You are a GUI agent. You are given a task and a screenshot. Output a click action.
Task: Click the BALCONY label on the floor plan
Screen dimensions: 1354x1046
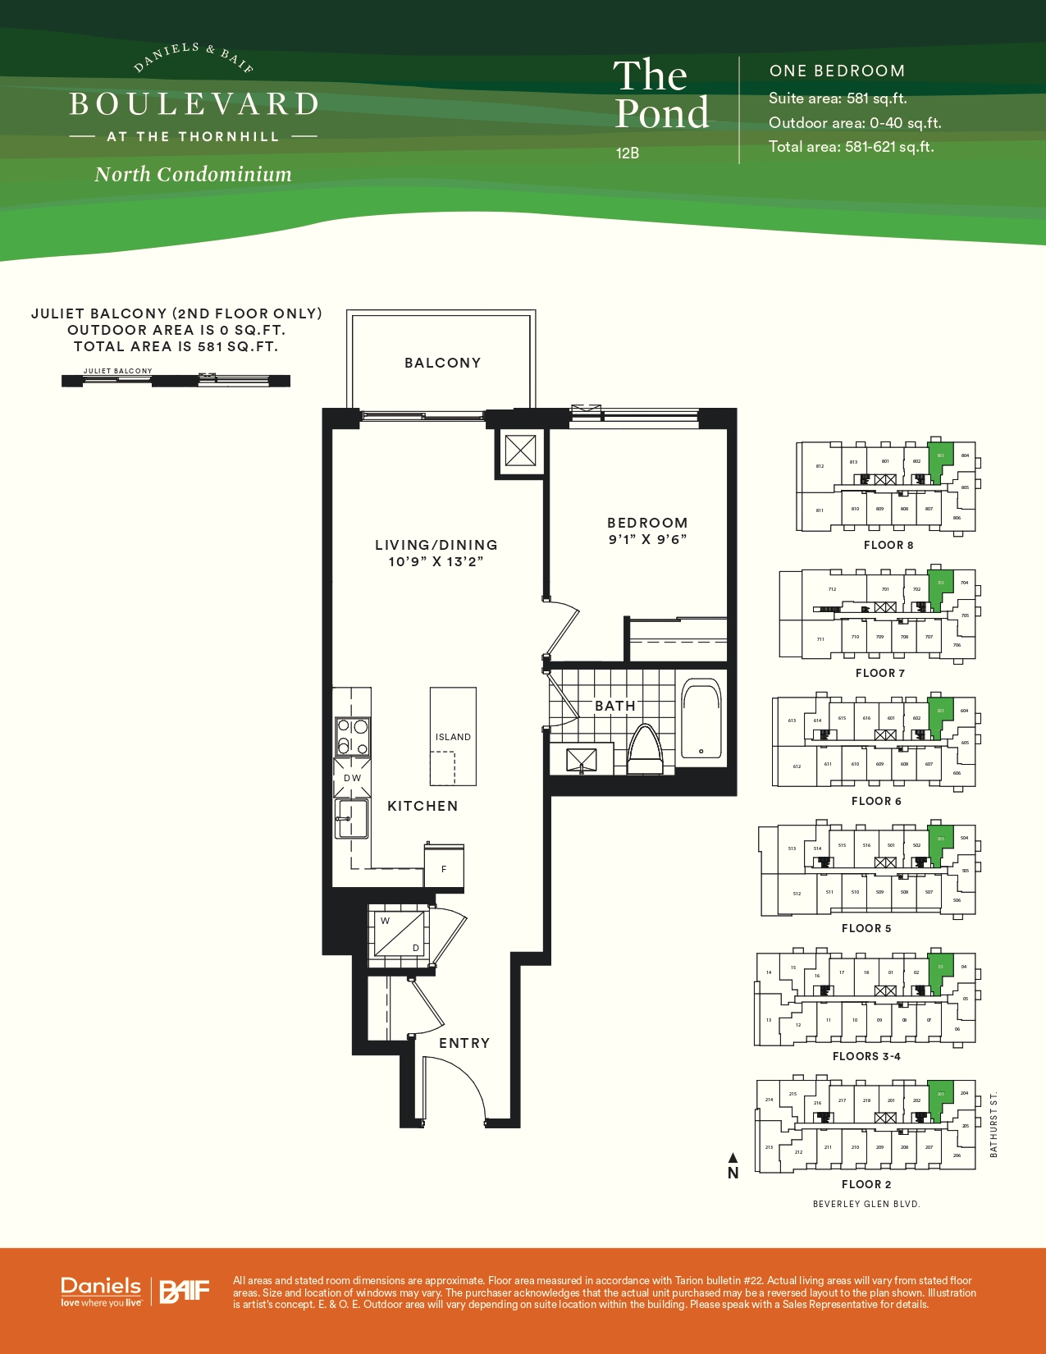click(x=442, y=363)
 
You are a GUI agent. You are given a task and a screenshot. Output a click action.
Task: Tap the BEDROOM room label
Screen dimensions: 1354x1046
click(x=647, y=523)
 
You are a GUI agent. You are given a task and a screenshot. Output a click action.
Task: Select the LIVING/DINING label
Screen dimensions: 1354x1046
click(x=436, y=545)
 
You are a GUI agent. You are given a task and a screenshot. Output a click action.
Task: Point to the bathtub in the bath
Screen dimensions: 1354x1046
click(x=701, y=719)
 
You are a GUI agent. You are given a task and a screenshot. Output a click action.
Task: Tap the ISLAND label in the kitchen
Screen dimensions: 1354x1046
click(x=453, y=737)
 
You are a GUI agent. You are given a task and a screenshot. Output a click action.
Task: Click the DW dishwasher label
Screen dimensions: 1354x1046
click(x=352, y=778)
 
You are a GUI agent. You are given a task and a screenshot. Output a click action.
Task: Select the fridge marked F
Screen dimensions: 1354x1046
click(x=444, y=868)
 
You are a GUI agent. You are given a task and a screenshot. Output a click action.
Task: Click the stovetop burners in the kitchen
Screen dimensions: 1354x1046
click(x=352, y=736)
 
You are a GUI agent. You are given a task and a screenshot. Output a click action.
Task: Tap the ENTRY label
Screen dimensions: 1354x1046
click(x=464, y=1043)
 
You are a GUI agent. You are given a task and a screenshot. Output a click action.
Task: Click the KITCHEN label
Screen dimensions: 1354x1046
click(x=423, y=806)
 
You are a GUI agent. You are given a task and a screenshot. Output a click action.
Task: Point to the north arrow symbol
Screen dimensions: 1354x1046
click(x=733, y=1166)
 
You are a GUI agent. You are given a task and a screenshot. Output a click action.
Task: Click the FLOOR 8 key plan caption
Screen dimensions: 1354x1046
click(x=888, y=545)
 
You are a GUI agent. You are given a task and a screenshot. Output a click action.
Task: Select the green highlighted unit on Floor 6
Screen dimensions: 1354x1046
click(x=940, y=714)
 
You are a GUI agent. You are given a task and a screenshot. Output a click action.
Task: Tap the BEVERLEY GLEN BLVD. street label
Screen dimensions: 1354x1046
click(x=866, y=1204)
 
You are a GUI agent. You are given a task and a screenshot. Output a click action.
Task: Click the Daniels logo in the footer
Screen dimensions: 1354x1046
click(x=101, y=1290)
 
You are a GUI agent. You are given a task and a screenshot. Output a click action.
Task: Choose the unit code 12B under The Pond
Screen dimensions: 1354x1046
click(x=628, y=153)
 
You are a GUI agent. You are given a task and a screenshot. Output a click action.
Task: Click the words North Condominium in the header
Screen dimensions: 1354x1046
click(x=193, y=174)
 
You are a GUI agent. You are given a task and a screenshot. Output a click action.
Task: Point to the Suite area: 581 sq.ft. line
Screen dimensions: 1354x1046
click(x=838, y=98)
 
